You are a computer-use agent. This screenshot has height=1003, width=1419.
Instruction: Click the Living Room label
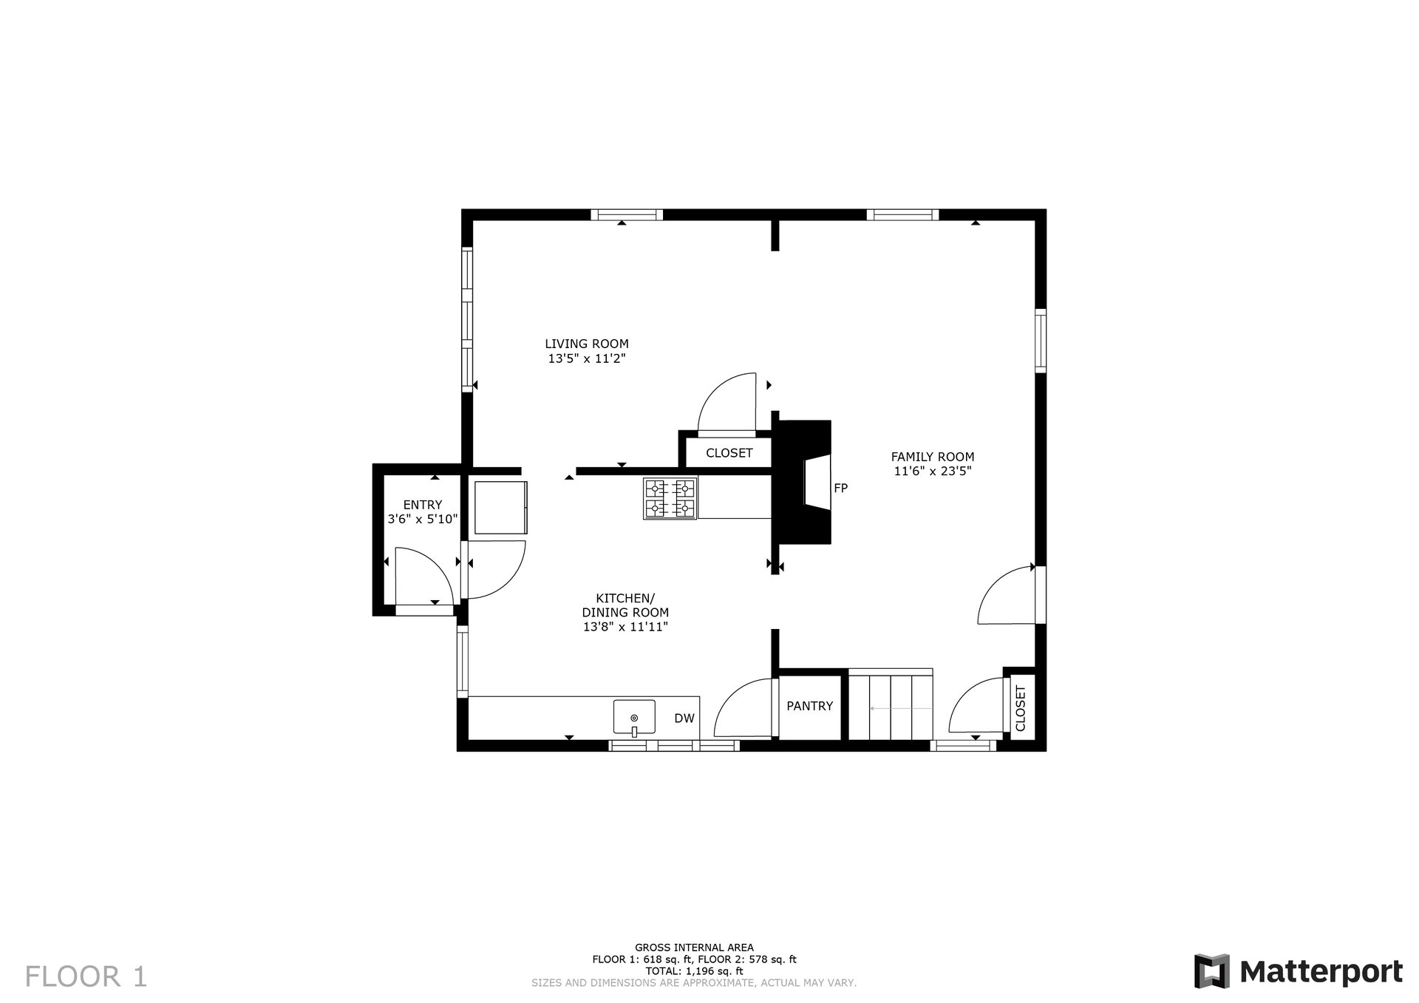587,344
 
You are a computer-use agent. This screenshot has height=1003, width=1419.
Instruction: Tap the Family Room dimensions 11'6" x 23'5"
932,472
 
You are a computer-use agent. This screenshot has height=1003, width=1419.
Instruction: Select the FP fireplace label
840,488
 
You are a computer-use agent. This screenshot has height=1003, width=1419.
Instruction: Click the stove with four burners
670,498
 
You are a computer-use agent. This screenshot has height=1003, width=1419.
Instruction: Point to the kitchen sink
634,717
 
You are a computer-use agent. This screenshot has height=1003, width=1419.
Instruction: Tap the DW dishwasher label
684,718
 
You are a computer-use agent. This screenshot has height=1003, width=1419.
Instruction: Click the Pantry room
810,707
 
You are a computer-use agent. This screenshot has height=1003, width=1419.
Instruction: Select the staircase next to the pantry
890,705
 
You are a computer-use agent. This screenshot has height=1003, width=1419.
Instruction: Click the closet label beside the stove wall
729,453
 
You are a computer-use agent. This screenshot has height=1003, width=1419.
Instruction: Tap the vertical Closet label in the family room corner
1021,708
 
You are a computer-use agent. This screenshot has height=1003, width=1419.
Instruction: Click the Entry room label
423,505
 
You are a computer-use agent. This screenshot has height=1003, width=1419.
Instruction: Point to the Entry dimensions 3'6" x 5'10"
423,520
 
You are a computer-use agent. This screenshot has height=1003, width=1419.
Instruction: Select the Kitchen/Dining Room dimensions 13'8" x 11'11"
625,627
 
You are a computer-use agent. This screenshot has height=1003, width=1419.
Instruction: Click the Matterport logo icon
1213,970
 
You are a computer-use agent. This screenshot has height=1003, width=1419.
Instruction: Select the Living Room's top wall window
627,215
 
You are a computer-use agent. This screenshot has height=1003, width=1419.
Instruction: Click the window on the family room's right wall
1041,341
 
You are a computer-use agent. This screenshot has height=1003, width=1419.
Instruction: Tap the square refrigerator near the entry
500,507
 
